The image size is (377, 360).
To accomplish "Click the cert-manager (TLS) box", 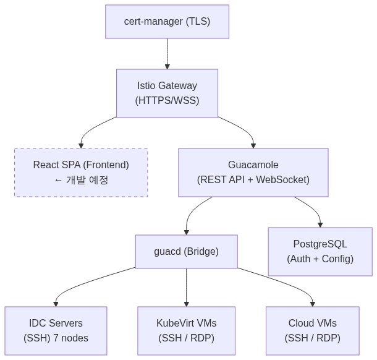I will coord(167,22).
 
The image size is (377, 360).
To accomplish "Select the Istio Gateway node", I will coord(167,93).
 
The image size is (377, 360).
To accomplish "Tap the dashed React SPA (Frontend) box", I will coord(81,173).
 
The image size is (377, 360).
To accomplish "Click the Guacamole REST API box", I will coord(253,173).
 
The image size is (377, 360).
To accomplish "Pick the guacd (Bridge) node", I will coord(186,252).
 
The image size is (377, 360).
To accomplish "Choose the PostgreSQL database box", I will coord(320,252).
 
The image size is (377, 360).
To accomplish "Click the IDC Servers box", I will coord(56,331).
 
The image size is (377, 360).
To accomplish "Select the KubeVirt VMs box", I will coord(186,331).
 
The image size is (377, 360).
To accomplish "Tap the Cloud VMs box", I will coord(312,331).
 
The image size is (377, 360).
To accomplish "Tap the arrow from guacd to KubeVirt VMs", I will coord(186,288).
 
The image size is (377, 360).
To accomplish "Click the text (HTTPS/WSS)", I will coord(167,100).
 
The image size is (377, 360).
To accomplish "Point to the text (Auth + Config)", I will coord(320,259).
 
